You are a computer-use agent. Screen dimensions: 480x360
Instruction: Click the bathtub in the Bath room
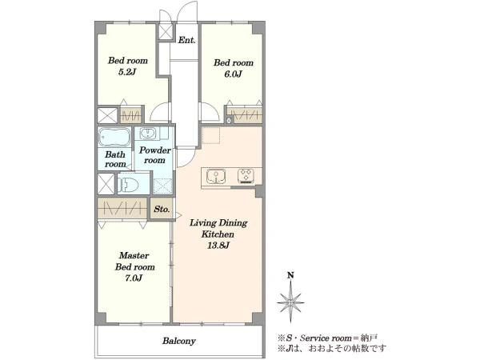pos(114,137)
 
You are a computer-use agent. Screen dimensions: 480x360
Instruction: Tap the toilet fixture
pos(129,185)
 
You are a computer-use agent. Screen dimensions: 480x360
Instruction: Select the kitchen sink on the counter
pos(216,176)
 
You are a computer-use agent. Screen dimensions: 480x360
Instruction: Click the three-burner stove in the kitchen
pos(246,176)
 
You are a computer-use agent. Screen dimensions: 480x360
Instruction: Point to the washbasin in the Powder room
pos(149,134)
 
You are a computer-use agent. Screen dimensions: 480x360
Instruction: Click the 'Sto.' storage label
pos(162,210)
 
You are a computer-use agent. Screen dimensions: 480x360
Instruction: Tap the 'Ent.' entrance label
pos(186,40)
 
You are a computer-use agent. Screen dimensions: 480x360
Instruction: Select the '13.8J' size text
pos(218,246)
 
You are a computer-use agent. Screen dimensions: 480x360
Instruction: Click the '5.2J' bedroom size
pos(127,72)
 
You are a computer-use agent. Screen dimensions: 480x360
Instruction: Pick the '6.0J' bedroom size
pos(234,74)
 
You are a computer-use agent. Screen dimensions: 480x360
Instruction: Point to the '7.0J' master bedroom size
pos(134,278)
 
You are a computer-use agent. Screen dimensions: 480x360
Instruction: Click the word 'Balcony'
pos(179,341)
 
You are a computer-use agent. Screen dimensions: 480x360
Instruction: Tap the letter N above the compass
pos(290,275)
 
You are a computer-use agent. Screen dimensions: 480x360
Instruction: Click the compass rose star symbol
pos(290,302)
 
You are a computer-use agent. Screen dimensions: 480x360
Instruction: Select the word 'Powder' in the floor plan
pos(155,150)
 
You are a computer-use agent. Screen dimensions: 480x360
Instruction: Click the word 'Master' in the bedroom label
pos(134,255)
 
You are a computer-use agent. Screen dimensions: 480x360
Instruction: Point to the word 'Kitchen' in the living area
pos(218,234)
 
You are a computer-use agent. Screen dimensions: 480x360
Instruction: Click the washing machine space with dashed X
pos(162,186)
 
